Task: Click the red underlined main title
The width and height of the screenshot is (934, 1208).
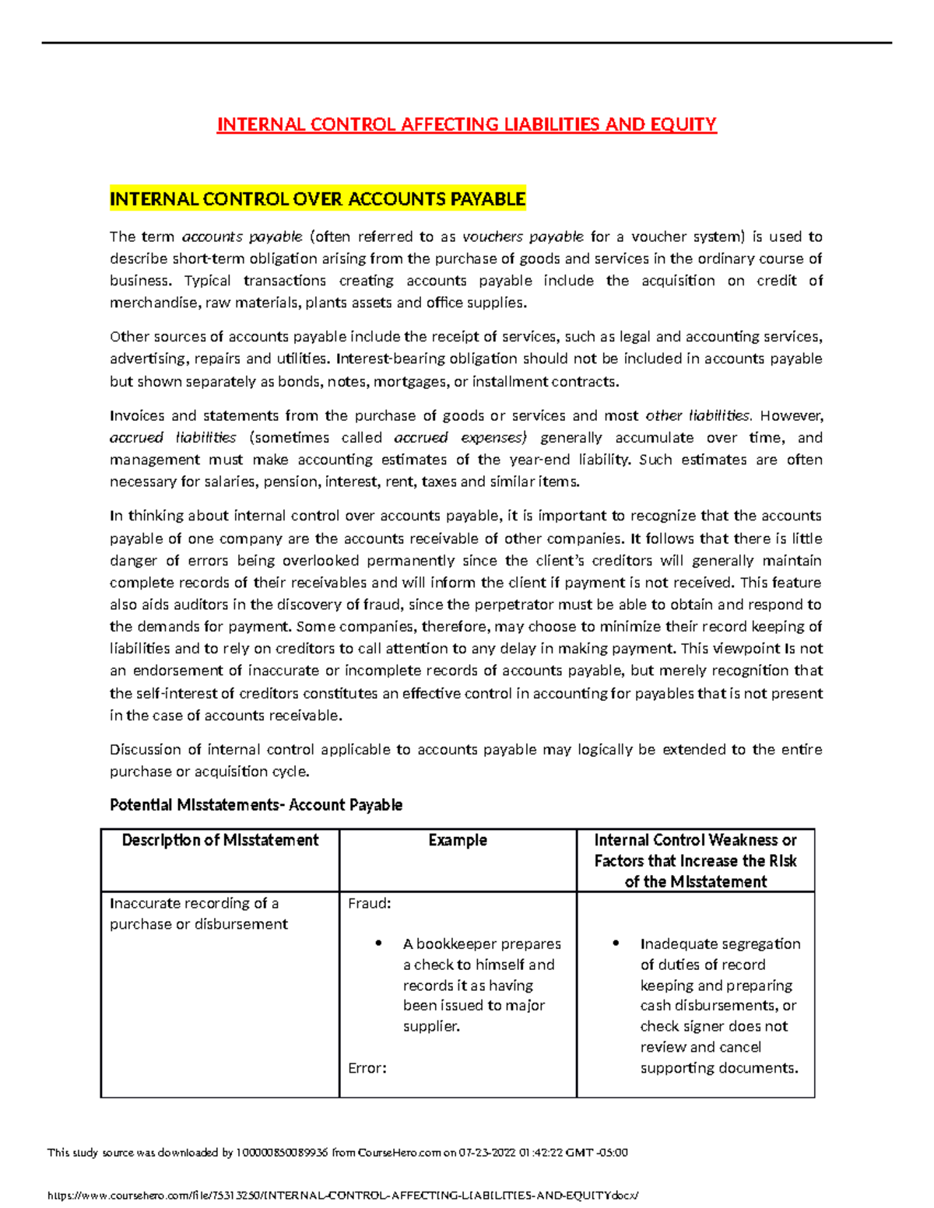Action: point(466,124)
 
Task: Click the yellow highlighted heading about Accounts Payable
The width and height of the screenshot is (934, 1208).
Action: point(318,199)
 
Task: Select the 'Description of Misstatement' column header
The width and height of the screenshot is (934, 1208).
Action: point(220,840)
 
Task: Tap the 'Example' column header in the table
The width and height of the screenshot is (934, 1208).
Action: point(458,840)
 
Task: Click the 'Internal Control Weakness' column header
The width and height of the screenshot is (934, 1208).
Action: point(695,860)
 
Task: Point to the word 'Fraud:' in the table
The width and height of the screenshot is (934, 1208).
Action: point(369,903)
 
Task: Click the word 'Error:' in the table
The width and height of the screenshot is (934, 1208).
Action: point(367,1068)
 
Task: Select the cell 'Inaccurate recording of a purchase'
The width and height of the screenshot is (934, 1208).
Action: point(198,913)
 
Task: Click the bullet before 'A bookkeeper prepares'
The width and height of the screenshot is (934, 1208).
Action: point(378,943)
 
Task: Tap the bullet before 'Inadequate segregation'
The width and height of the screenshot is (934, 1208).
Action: point(616,943)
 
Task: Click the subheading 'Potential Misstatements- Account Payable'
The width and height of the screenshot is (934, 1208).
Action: point(256,805)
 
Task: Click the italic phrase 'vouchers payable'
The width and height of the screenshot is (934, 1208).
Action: point(522,236)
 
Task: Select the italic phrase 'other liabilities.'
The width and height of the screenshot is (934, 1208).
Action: point(698,415)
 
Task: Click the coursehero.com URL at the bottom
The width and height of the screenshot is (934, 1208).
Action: point(342,1196)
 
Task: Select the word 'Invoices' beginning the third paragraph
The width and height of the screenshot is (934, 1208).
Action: point(136,415)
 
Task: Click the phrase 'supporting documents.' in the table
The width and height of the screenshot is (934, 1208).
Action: point(719,1068)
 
